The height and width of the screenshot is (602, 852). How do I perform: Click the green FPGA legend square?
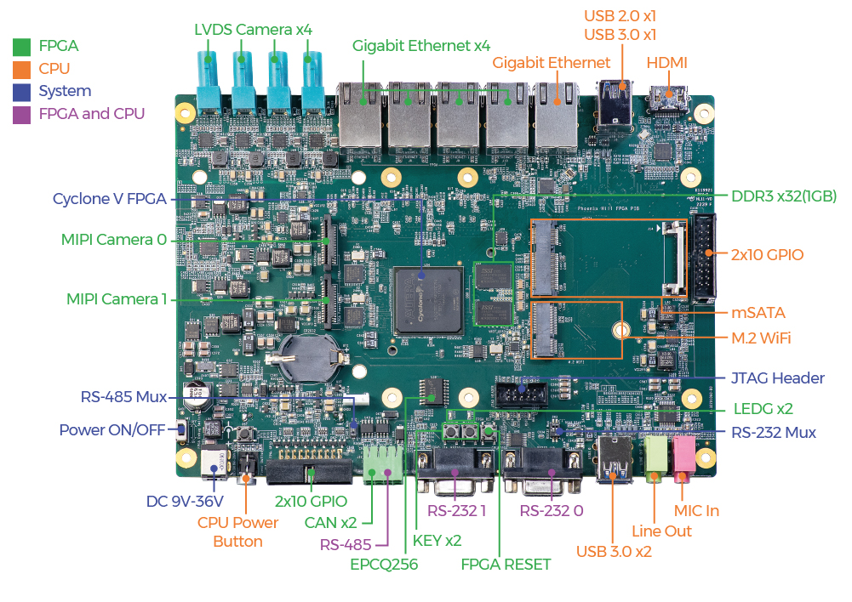pos(23,46)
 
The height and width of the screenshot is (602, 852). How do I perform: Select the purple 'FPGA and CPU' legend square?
pos(23,113)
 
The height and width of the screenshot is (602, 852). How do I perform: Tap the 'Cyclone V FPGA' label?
pos(110,199)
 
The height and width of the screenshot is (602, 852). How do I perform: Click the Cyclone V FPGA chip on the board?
pos(426,300)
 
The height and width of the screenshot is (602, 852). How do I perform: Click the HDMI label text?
pos(666,63)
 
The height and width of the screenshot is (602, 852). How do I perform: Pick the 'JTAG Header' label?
pos(777,378)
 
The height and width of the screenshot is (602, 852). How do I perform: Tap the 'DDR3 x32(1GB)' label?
pos(784,196)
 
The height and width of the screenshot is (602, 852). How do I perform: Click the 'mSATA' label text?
pos(758,313)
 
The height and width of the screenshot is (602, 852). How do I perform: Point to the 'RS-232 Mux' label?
pos(773,433)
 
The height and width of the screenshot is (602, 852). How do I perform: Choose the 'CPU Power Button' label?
pos(237,532)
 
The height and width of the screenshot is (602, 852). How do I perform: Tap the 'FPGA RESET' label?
pos(506,564)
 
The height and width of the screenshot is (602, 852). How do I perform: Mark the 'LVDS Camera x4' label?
pos(253,30)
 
